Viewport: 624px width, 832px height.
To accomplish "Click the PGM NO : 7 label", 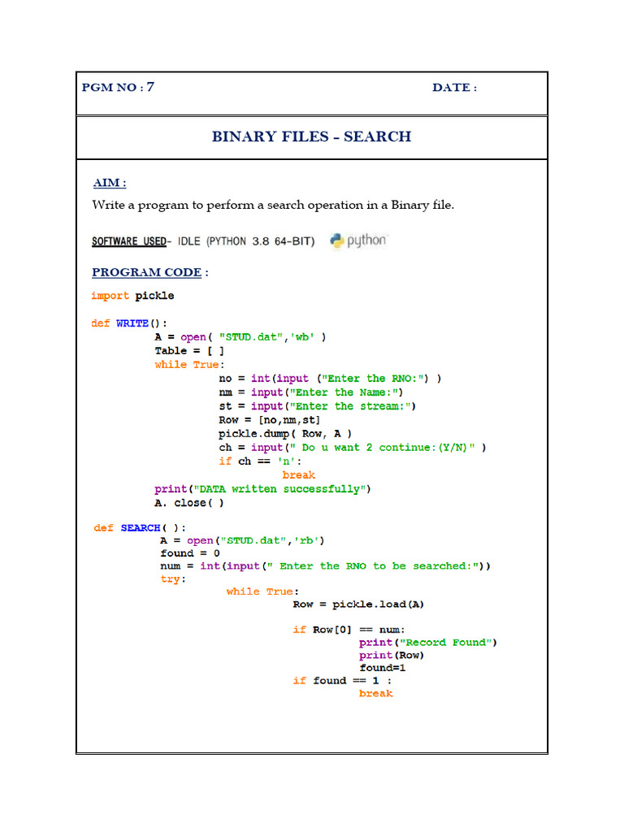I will pyautogui.click(x=118, y=88).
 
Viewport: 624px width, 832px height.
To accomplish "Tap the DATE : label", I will pyautogui.click(x=454, y=88).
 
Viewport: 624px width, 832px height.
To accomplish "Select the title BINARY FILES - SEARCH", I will pyautogui.click(x=311, y=136).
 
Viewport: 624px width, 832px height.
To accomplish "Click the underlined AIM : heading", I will pyautogui.click(x=110, y=183).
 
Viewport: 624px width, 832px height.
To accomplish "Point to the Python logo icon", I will pyautogui.click(x=339, y=240).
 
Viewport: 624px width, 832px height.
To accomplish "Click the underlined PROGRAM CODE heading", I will pyautogui.click(x=146, y=272).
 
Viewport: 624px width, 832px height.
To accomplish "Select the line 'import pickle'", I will pyautogui.click(x=132, y=296).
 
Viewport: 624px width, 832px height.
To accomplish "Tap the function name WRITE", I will pyautogui.click(x=132, y=323).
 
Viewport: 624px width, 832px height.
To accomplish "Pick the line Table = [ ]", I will pyautogui.click(x=189, y=351).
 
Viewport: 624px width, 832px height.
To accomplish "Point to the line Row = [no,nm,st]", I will pyautogui.click(x=270, y=420).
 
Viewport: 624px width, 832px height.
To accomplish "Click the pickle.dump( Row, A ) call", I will pyautogui.click(x=285, y=434).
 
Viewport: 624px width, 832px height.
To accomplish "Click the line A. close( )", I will pyautogui.click(x=189, y=503).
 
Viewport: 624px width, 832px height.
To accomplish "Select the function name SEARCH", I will pyautogui.click(x=141, y=528).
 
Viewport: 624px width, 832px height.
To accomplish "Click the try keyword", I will pyautogui.click(x=172, y=579).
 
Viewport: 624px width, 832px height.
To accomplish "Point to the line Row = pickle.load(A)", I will pyautogui.click(x=358, y=604).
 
